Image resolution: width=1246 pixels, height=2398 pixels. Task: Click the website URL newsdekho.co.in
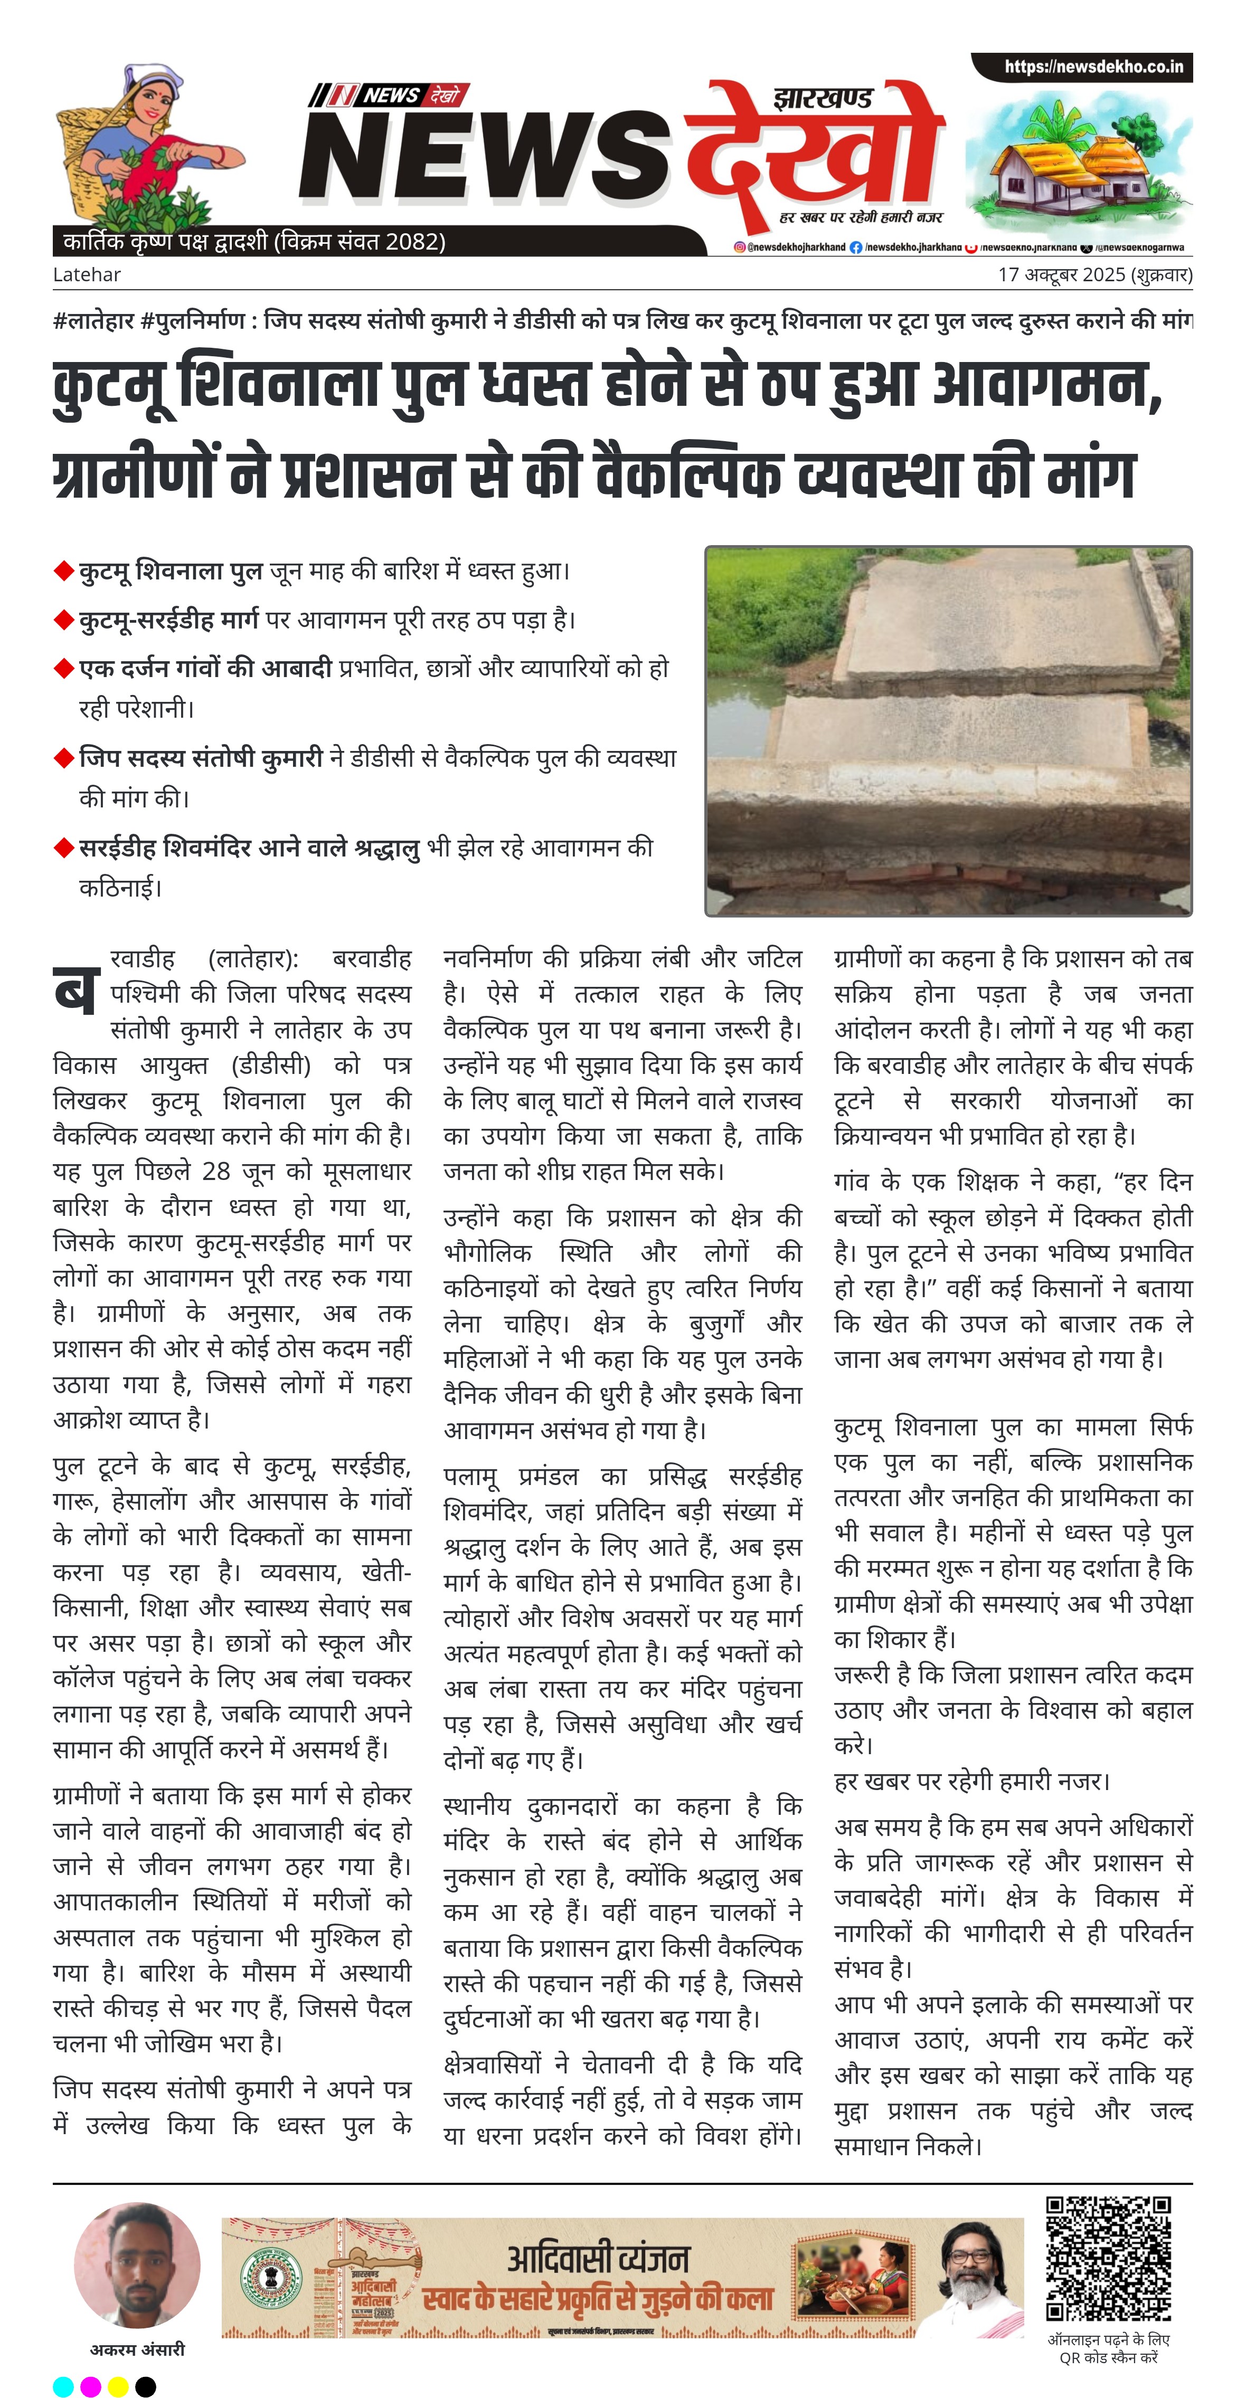[x=1093, y=67]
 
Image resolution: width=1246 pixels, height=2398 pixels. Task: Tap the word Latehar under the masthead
[x=87, y=274]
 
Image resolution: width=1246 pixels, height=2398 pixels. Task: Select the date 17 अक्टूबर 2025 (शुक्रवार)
[x=1094, y=274]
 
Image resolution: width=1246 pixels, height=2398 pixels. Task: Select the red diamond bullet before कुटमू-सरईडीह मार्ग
[x=63, y=619]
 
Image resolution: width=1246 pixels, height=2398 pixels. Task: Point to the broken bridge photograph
[x=948, y=731]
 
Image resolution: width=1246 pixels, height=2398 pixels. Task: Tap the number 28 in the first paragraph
[x=216, y=1171]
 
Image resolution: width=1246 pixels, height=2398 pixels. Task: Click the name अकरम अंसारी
[x=137, y=2349]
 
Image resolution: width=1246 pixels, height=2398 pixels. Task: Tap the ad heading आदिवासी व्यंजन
[x=598, y=2258]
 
